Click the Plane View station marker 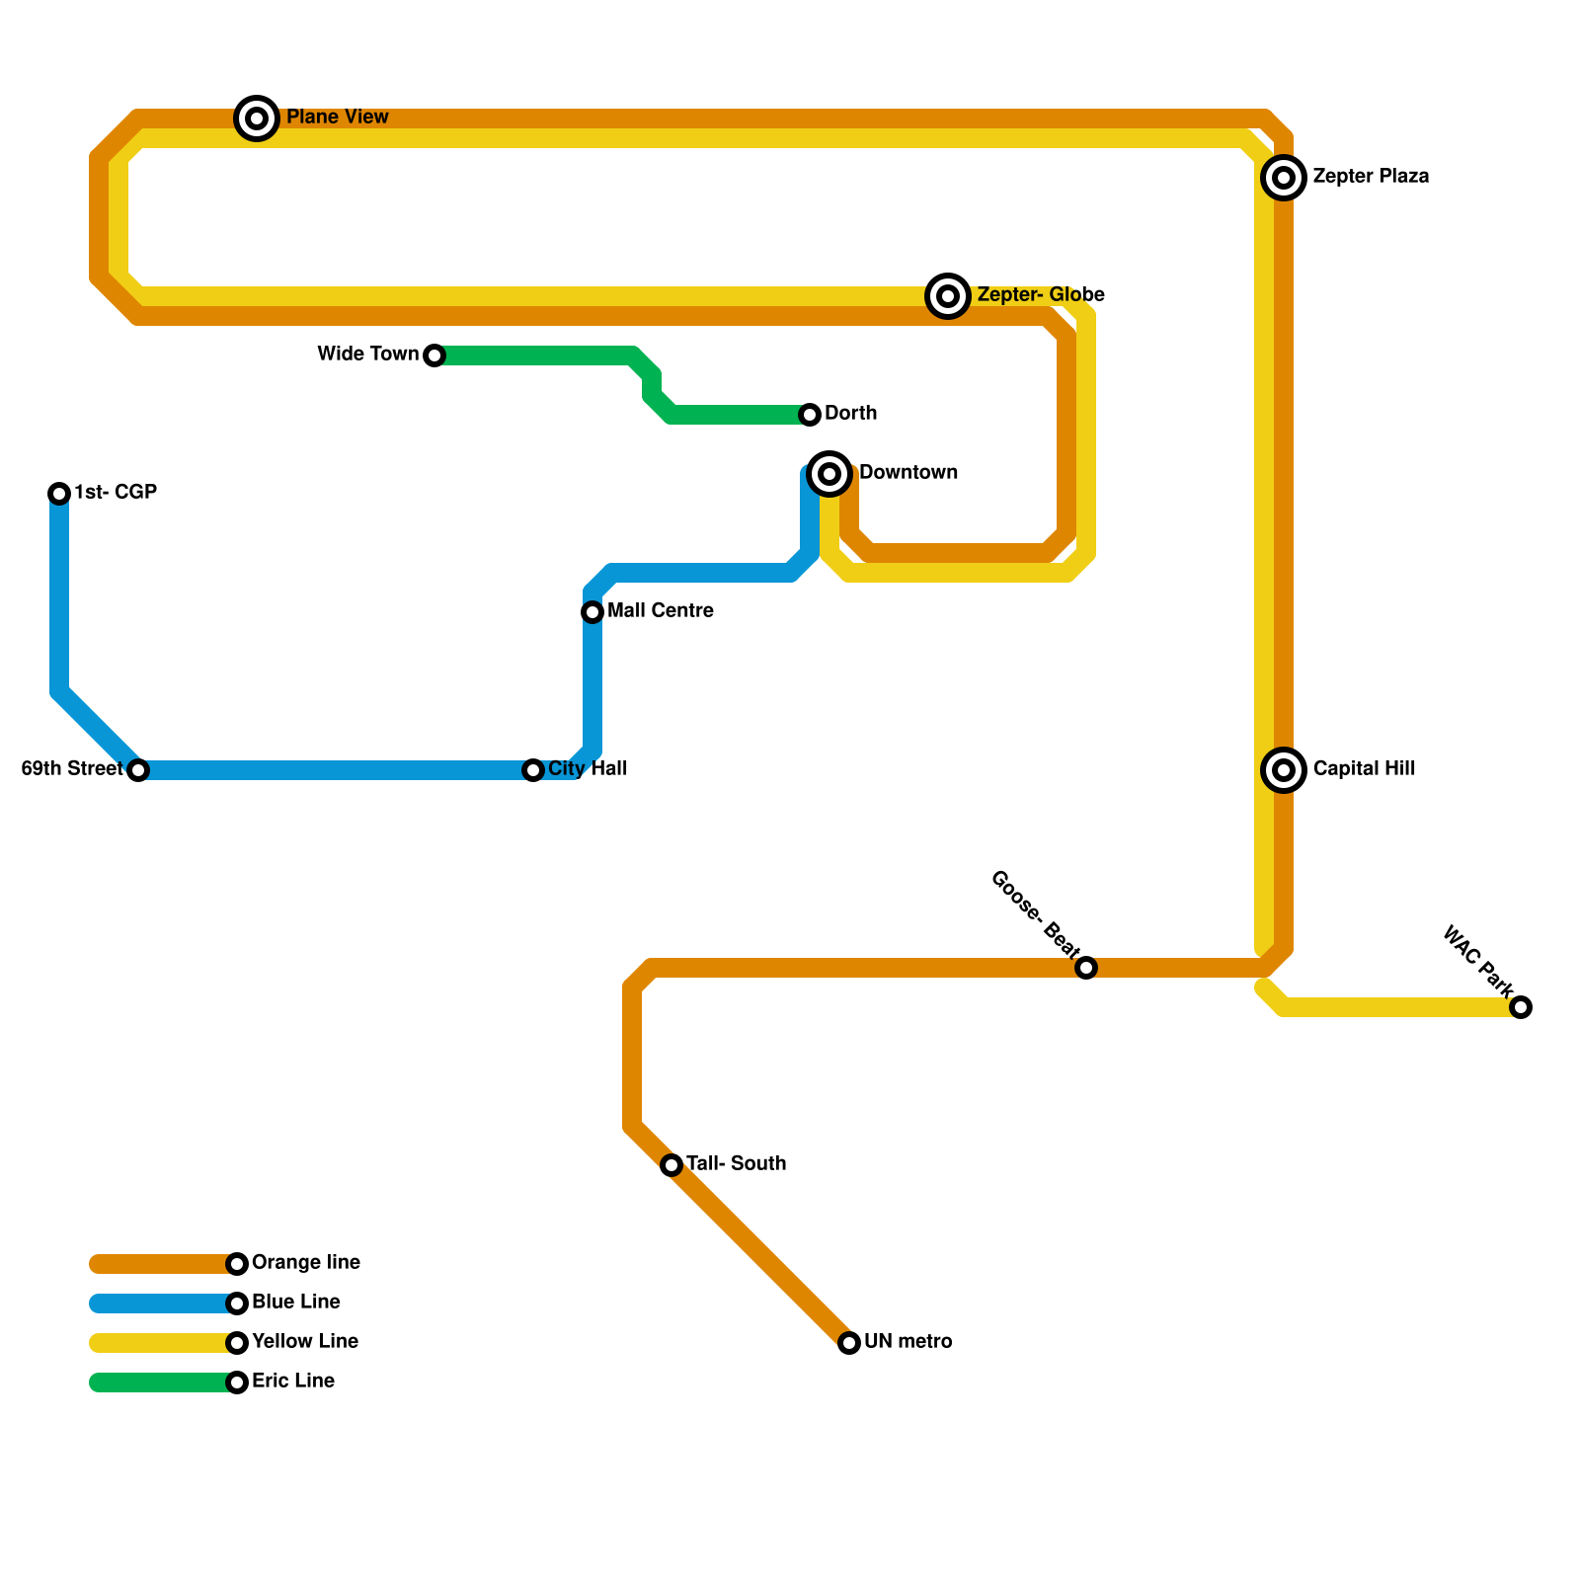click(257, 118)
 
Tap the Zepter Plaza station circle click(1284, 178)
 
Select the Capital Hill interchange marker click(1284, 770)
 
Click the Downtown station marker click(829, 474)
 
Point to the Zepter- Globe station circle click(948, 295)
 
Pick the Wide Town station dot click(434, 355)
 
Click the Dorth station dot click(810, 415)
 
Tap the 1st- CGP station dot click(59, 494)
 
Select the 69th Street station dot click(138, 770)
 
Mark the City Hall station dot click(533, 770)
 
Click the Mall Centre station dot click(592, 612)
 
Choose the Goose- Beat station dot click(1086, 968)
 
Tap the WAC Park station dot click(1521, 1007)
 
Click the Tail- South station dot click(671, 1165)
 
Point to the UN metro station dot click(849, 1343)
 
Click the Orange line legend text click(306, 1263)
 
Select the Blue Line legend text click(296, 1303)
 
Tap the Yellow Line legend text click(305, 1342)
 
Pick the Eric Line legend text click(293, 1382)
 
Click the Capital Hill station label click(1364, 769)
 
